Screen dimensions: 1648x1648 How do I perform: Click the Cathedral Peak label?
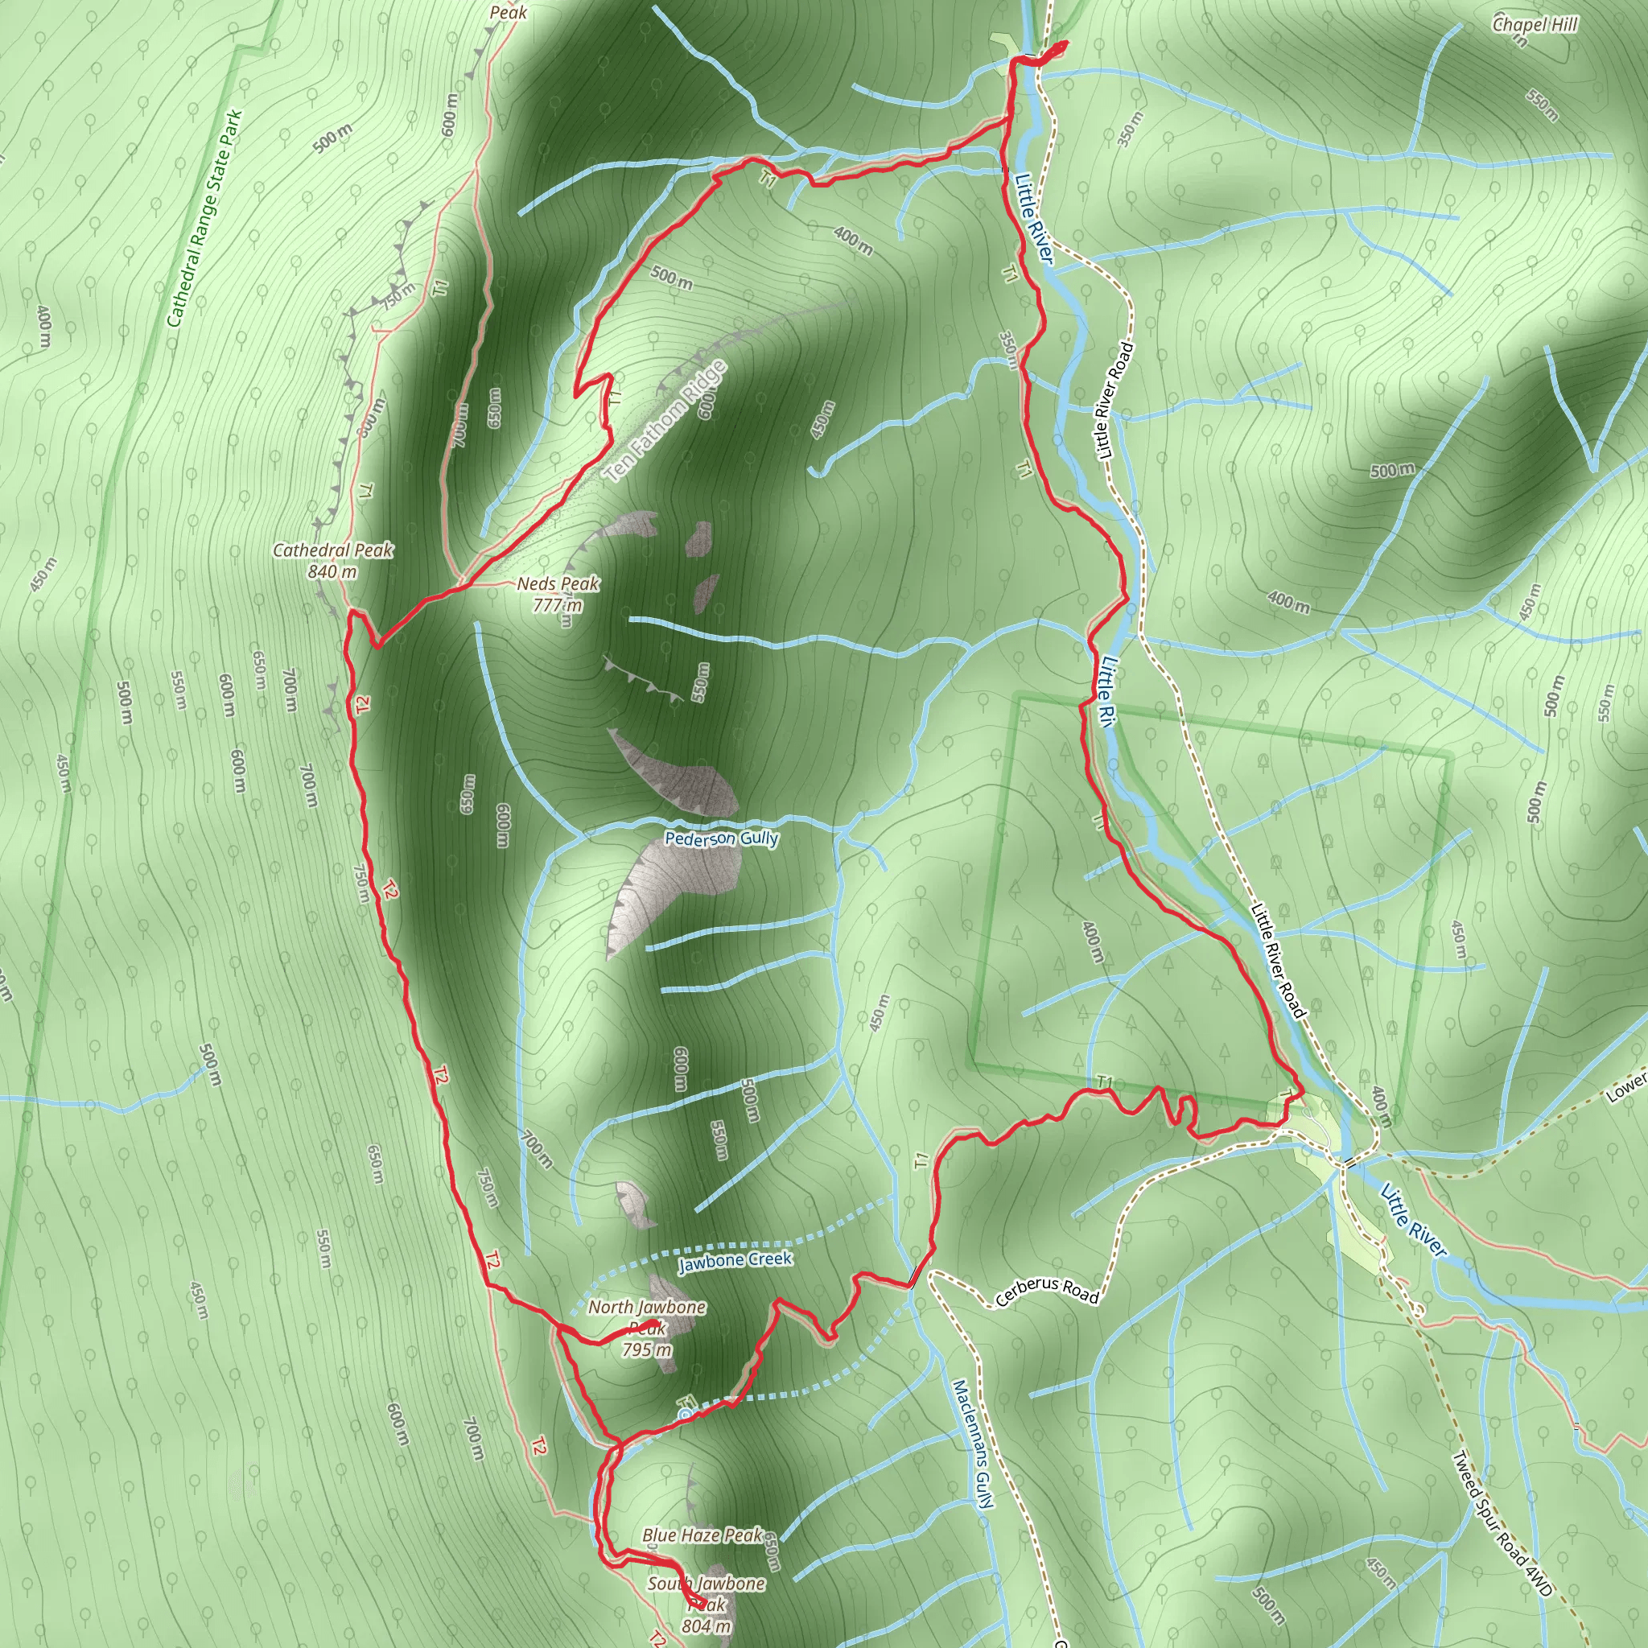tap(332, 550)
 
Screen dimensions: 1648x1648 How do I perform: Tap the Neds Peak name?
tap(558, 584)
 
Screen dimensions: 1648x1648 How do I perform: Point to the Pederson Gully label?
tap(722, 838)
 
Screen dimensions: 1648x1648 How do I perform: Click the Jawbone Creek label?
tap(735, 1260)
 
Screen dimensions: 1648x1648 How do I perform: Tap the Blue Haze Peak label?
tap(702, 1535)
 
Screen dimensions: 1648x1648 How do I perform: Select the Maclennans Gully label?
tap(972, 1444)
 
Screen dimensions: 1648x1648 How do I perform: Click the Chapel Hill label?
tap(1535, 25)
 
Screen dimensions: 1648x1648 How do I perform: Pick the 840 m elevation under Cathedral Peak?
tap(332, 571)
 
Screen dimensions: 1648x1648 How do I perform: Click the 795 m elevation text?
tap(647, 1349)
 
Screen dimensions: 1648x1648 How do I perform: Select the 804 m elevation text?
tap(707, 1625)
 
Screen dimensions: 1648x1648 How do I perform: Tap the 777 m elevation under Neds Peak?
tap(558, 605)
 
